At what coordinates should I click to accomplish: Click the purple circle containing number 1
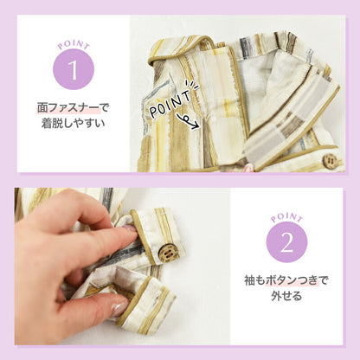click(x=74, y=69)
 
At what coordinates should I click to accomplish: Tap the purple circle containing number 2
click(x=286, y=242)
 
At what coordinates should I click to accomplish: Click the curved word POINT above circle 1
click(x=74, y=45)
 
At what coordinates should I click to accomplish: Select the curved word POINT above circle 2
click(x=286, y=218)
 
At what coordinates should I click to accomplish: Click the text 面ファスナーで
click(x=74, y=108)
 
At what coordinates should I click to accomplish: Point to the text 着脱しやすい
click(x=74, y=124)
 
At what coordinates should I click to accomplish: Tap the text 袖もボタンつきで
click(x=286, y=280)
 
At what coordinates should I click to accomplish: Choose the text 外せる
click(x=286, y=296)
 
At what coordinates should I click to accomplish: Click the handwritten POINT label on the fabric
click(x=170, y=104)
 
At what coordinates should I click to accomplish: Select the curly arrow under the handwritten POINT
click(x=188, y=120)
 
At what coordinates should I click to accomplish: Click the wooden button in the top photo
click(x=331, y=161)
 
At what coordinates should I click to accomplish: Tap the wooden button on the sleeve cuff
click(x=166, y=252)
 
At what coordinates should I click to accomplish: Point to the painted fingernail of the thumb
click(x=119, y=309)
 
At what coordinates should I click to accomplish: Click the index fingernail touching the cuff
click(x=129, y=228)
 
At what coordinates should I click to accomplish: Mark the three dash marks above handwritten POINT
click(x=191, y=85)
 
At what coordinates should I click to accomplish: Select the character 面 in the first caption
click(x=42, y=108)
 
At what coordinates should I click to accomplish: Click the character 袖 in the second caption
click(x=249, y=280)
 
